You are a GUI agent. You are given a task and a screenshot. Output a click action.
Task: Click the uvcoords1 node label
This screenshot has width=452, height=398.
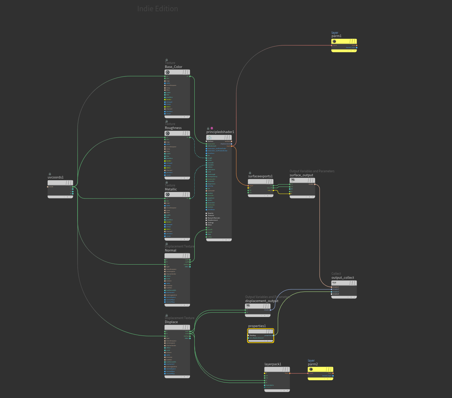(x=56, y=177)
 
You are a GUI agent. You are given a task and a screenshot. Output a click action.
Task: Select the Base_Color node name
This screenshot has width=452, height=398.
(x=174, y=67)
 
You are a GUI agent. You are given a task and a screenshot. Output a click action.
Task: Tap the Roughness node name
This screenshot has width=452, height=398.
(x=173, y=128)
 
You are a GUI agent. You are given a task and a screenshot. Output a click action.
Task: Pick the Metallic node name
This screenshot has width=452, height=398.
(x=171, y=189)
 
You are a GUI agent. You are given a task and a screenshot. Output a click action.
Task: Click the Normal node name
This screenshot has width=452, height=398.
(x=170, y=250)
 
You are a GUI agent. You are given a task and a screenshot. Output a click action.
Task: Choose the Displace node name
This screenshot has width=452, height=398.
(x=171, y=322)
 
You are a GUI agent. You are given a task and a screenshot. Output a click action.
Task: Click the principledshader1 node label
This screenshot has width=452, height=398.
(x=220, y=132)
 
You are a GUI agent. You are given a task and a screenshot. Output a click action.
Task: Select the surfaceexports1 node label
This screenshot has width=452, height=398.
(x=260, y=176)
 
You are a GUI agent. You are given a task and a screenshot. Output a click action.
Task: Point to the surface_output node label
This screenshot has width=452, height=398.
(x=301, y=175)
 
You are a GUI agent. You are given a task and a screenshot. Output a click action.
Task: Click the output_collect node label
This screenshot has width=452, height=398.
(x=342, y=278)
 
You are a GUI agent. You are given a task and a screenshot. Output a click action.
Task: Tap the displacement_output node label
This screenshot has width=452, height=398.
(x=262, y=301)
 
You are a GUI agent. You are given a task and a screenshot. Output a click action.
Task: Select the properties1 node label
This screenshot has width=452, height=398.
(x=257, y=326)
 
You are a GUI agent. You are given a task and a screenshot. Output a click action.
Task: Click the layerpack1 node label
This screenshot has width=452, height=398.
(x=273, y=364)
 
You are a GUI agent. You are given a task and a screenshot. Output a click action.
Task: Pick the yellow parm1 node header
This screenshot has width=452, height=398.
(x=344, y=41)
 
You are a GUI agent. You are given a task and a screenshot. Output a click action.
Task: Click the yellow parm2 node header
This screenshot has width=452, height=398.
(x=320, y=369)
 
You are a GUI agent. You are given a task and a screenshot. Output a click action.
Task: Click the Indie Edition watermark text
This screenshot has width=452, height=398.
(x=158, y=9)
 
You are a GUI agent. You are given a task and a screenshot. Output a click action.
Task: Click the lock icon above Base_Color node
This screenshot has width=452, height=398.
(x=167, y=60)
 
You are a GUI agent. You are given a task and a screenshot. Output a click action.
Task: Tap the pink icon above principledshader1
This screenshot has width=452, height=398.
(x=212, y=128)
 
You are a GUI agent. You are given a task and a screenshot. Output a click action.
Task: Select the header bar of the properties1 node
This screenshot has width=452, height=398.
(x=261, y=331)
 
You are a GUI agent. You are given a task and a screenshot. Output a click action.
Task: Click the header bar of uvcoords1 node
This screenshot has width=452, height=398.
(x=60, y=183)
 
